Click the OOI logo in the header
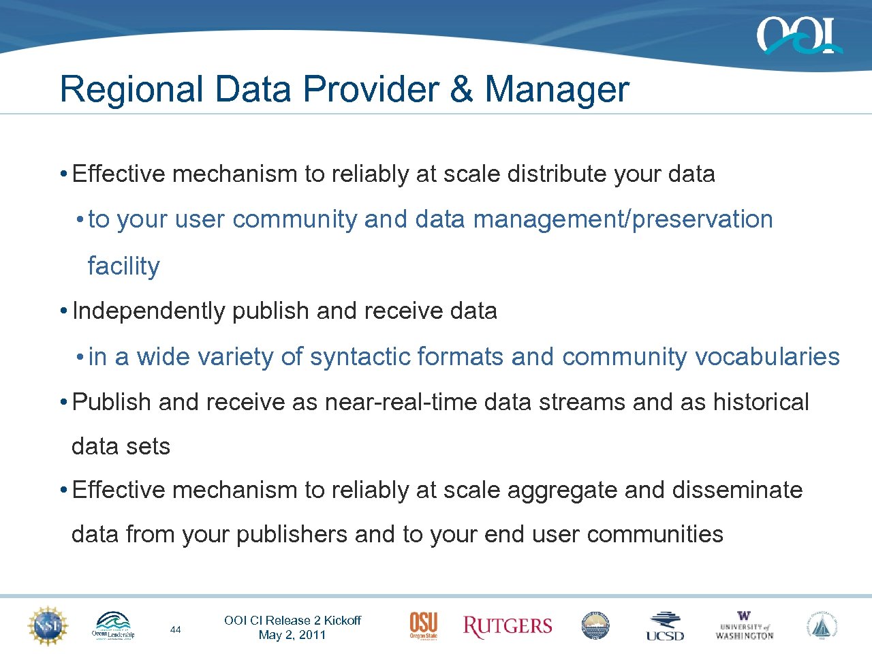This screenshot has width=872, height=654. coord(798,35)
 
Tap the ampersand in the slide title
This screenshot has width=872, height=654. coord(461,89)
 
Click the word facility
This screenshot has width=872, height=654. coord(123,266)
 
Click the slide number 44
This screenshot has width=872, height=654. coord(175,629)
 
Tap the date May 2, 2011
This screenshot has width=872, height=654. coord(292,635)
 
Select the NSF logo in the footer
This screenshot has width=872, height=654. coord(48,625)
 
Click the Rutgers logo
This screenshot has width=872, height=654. coord(507,626)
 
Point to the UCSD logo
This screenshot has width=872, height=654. coord(665,626)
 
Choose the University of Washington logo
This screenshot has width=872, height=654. coord(744,625)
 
